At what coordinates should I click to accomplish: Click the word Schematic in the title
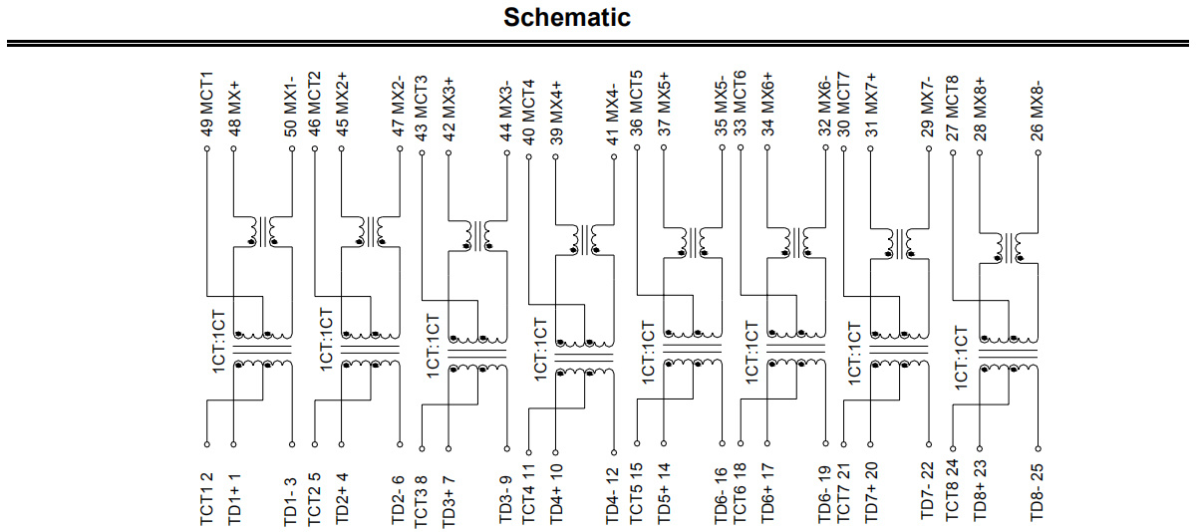coord(567,18)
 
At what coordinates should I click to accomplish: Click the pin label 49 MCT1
coord(206,104)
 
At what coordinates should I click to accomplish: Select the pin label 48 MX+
coord(234,109)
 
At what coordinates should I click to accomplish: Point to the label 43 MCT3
coord(422,109)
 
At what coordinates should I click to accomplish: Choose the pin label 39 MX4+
coord(556,113)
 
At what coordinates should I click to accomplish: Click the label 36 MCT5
coord(636,103)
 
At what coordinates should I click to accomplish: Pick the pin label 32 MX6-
coord(825,106)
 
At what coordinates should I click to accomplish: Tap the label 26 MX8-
coord(1037,111)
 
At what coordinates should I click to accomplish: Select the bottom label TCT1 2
coord(206,499)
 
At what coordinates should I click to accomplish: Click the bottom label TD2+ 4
coord(342,498)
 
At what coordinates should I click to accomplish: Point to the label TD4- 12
coord(612,496)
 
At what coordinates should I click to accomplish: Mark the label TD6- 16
coord(721,496)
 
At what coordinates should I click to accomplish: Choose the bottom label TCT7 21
coord(842,493)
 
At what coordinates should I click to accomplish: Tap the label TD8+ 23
coord(981,490)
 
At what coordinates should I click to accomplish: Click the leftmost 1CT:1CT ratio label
coord(219,342)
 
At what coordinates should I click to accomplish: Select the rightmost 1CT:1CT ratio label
coord(961,358)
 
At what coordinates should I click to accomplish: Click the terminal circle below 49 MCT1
coord(207,148)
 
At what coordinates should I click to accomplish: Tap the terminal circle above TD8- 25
coord(1038,448)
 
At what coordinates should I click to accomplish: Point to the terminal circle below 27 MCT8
coord(953,152)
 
